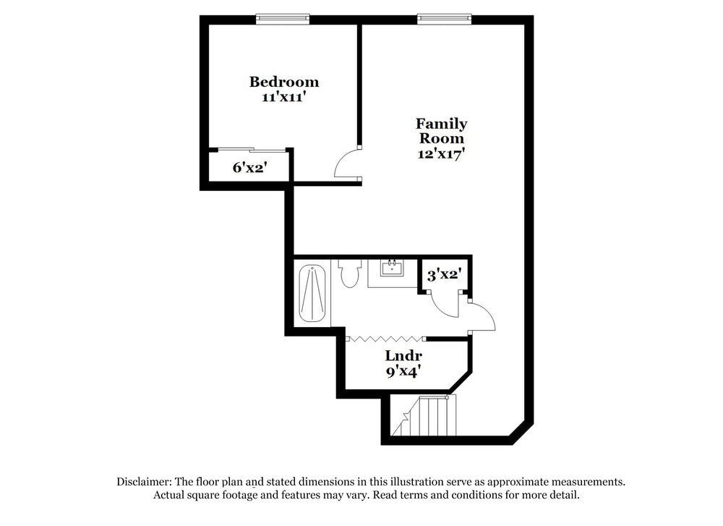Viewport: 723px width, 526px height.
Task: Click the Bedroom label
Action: [284, 82]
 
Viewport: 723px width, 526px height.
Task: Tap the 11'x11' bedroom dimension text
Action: [284, 96]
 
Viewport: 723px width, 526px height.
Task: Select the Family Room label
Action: [441, 130]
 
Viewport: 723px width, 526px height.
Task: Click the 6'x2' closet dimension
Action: [250, 167]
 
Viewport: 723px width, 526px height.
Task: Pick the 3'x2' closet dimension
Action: [444, 275]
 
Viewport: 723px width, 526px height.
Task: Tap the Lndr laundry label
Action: [403, 356]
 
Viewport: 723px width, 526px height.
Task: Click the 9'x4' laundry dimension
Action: [403, 372]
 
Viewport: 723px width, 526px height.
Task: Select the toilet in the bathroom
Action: [350, 273]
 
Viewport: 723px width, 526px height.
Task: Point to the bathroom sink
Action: [392, 270]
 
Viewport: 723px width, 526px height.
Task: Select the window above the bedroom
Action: [283, 19]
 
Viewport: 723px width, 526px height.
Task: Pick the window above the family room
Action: [444, 19]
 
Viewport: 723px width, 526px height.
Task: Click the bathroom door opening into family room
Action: [482, 316]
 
